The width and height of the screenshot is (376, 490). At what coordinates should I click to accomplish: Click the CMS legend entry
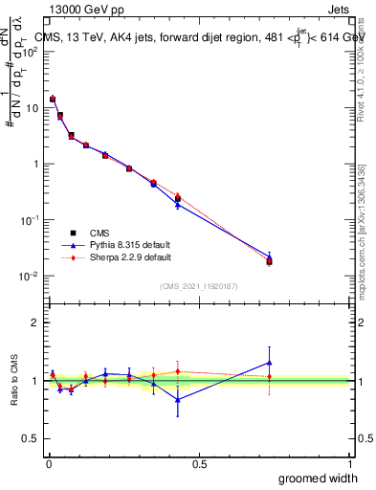coord(98,234)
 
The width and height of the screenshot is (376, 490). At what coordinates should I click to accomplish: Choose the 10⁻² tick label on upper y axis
coord(29,276)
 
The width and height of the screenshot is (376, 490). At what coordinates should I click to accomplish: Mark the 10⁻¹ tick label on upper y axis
coord(29,219)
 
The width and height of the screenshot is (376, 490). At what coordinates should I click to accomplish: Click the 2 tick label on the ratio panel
coord(34,323)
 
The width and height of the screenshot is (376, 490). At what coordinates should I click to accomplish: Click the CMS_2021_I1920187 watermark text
coord(198,286)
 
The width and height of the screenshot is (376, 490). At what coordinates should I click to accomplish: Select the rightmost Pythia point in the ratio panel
coord(270,363)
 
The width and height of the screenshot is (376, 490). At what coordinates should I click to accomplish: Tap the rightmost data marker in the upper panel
coord(270,261)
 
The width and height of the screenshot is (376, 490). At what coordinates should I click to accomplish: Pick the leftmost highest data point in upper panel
coord(53,99)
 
